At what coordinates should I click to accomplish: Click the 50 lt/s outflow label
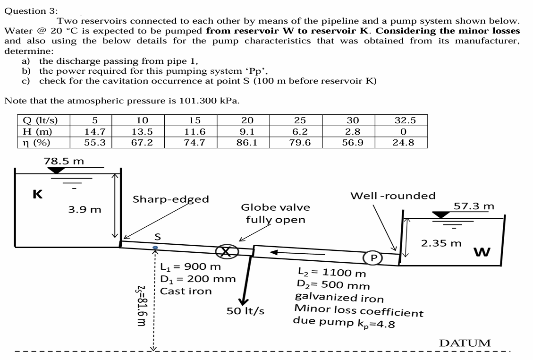tap(246, 312)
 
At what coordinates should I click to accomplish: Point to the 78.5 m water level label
tap(64, 161)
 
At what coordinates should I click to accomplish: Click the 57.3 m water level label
tap(474, 206)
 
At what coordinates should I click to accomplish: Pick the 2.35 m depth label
tap(441, 244)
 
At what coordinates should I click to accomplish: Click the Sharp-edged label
tap(170, 199)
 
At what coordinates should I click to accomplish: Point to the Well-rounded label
tap(393, 196)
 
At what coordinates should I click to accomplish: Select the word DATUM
tap(465, 343)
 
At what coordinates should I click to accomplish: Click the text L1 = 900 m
tap(191, 266)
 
